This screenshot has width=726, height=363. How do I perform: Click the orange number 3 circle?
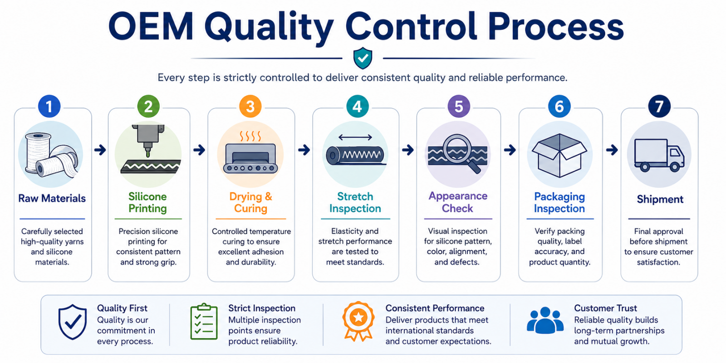pos(250,106)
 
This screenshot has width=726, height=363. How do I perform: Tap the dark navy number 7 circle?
pos(659,106)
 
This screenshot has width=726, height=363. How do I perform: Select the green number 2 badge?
pos(148,106)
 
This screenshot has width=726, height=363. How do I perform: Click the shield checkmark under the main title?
pos(363,58)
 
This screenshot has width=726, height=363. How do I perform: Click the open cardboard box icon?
pos(559,155)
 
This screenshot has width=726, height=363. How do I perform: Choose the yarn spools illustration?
pos(51,155)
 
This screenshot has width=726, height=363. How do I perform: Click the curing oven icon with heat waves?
pos(250,152)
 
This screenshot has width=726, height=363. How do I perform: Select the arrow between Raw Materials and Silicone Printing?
pos(100,150)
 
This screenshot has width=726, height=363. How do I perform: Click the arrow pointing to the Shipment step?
pos(612,150)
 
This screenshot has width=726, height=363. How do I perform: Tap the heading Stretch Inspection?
pos(355,202)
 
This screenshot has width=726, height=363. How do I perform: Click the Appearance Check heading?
pos(458,202)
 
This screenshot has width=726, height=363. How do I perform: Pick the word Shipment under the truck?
pos(660,199)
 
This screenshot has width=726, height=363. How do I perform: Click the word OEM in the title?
pos(151,26)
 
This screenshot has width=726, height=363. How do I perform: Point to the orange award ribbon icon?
pos(358,321)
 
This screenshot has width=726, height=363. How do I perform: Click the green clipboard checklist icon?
pos(204,322)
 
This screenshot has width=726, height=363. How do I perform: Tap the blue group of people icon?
pos(545,320)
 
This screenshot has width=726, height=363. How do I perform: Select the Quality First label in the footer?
pos(122,308)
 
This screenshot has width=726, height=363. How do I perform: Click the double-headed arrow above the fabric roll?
pos(355,137)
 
